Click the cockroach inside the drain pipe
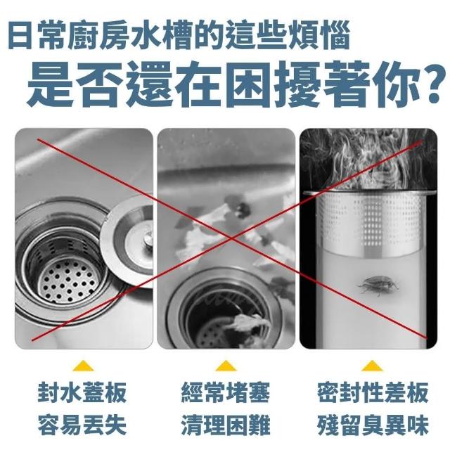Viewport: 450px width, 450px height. tap(378, 286)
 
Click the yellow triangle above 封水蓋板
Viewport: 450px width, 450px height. tap(83, 366)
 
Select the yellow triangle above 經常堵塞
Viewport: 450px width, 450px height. tap(226, 366)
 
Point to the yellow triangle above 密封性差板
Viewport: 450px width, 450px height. tap(372, 366)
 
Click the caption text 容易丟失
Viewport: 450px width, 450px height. tap(82, 425)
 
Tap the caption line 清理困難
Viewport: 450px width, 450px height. tap(226, 425)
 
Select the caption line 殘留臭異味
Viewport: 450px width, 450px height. tap(373, 425)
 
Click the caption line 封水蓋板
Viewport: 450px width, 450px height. tap(82, 392)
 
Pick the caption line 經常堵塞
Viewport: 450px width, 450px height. tap(226, 392)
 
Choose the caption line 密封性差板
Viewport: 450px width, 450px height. tap(373, 392)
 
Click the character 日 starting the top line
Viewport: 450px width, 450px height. tap(20, 36)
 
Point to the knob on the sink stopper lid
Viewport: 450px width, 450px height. tap(148, 239)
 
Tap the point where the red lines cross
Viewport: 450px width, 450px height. tap(232, 238)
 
